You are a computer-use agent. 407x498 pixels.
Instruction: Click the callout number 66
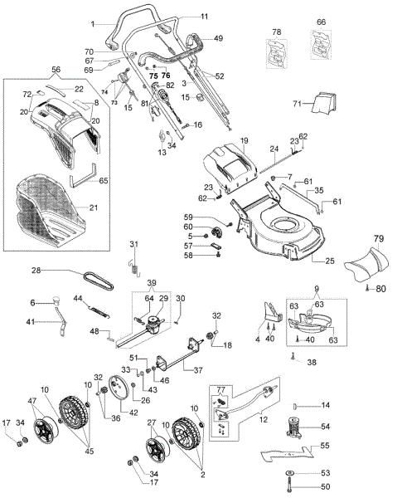322,22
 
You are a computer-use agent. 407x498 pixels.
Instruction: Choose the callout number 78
278,32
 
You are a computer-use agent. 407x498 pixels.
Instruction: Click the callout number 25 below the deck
329,261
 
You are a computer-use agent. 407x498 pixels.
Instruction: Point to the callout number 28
36,271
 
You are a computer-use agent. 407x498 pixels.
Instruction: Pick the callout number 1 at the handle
94,22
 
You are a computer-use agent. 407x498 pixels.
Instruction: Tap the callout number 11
205,16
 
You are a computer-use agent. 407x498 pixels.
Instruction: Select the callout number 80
381,289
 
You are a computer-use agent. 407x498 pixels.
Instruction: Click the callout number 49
218,38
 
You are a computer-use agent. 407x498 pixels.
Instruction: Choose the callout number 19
245,142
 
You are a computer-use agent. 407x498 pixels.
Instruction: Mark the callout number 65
104,179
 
